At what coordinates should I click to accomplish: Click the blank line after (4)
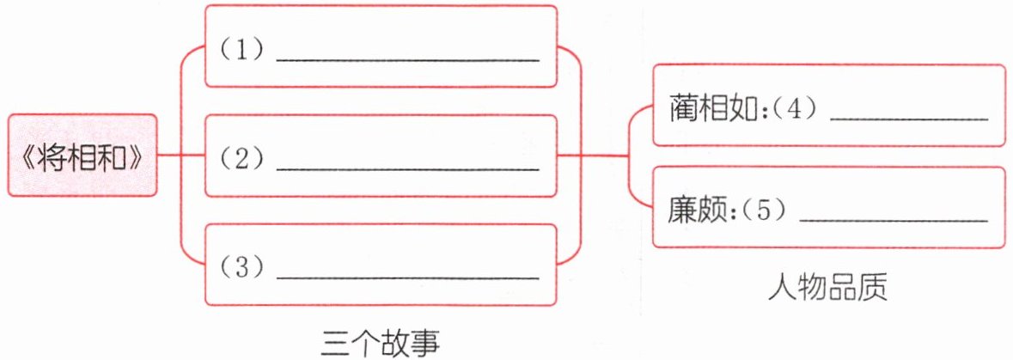(909, 119)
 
